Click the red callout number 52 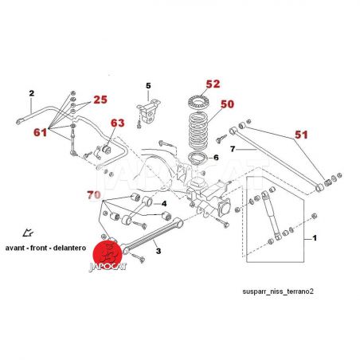point(213,84)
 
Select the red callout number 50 point(228,104)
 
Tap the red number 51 point(301,135)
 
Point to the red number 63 point(118,123)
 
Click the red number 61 point(41,132)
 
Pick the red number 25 point(100,100)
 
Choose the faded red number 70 point(94,195)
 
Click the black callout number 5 point(148,86)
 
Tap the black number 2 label point(32,93)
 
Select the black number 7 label point(233,149)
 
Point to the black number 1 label point(315,238)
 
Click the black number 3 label point(158,251)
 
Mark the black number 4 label point(164,204)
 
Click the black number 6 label point(216,158)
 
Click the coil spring point(198,131)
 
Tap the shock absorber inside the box point(271,216)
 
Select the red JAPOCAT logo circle point(108,254)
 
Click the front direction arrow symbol point(28,233)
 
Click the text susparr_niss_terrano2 point(278,292)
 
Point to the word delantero point(69,248)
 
